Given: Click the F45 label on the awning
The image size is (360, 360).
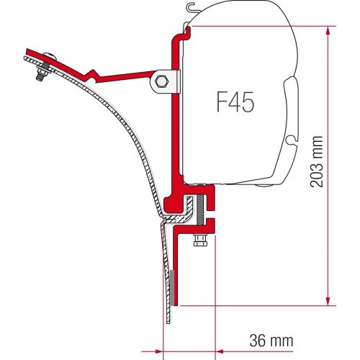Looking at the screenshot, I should click(234, 105).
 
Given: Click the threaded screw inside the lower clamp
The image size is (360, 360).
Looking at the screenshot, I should click(195, 210).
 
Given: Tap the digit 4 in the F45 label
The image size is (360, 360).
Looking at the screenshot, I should click(235, 105).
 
